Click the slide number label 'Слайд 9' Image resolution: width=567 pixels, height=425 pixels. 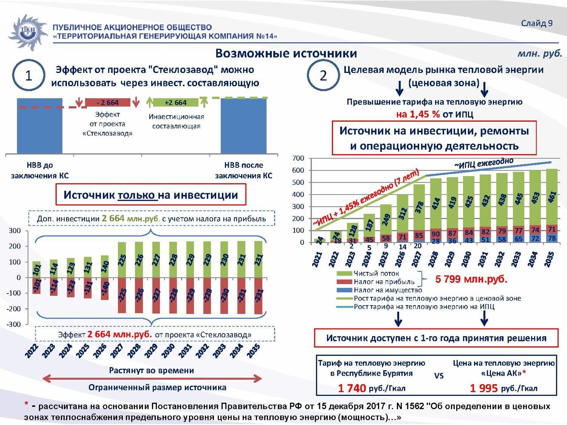536,23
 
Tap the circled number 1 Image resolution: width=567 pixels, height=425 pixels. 29,76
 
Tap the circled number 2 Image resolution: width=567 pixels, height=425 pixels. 323,76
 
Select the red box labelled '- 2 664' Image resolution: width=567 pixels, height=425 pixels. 108,103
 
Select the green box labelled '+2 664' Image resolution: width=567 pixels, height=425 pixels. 175,103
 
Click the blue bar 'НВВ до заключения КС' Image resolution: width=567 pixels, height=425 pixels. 39,126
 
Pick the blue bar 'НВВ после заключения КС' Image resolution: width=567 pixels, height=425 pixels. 244,126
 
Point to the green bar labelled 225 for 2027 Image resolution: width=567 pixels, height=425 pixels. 122,259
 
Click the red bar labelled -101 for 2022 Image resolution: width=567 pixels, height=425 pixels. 37,286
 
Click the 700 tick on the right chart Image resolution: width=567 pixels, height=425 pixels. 299,158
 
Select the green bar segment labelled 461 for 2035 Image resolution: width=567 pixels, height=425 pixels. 551,197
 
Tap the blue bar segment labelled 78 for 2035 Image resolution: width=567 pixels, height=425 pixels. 551,238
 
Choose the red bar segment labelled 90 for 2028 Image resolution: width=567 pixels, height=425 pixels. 436,234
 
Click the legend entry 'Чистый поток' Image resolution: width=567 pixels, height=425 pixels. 376,274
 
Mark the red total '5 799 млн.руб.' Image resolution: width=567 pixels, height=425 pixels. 471,279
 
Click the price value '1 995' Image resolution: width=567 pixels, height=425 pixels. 484,388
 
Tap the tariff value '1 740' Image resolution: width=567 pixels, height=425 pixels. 352,388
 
